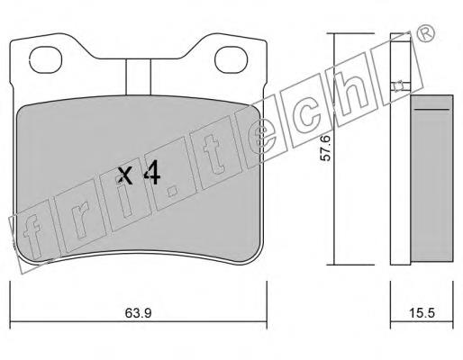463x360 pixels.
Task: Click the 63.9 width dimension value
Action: click(x=138, y=313)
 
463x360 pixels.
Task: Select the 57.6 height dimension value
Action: click(x=325, y=148)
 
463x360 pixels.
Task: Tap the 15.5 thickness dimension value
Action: click(x=422, y=313)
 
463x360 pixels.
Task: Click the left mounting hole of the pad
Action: click(x=46, y=59)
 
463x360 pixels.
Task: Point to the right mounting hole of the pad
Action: click(x=231, y=59)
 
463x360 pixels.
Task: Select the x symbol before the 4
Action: click(x=124, y=175)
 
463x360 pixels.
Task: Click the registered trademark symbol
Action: click(x=426, y=33)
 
